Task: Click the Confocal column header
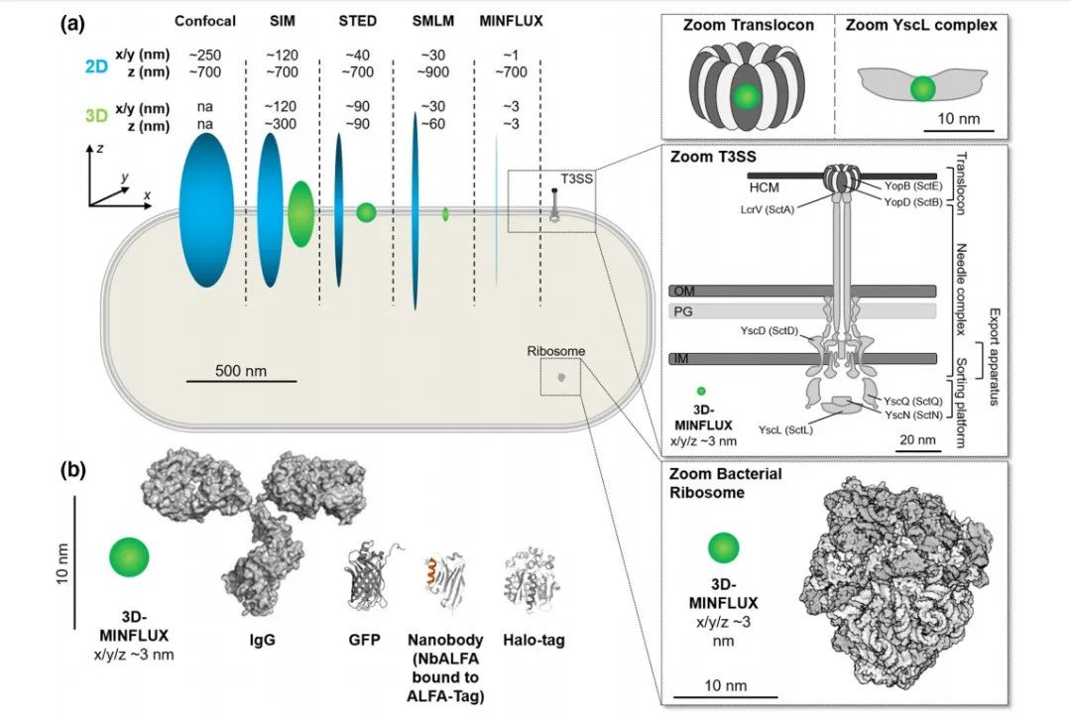tap(205, 21)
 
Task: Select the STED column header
tap(357, 21)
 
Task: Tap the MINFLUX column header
tap(511, 21)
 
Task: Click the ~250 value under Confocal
tap(205, 55)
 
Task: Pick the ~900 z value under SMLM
tap(433, 71)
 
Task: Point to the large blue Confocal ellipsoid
tap(206, 210)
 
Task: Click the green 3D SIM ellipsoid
tap(300, 214)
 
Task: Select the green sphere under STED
tap(366, 212)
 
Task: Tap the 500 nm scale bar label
tap(240, 371)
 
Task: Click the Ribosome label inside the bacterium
tap(556, 351)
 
